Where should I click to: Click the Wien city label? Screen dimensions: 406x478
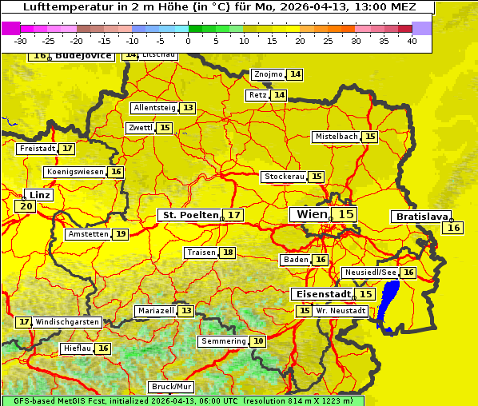coord(312,214)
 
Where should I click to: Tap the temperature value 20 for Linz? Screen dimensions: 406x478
coord(26,206)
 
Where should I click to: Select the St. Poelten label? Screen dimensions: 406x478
coord(190,215)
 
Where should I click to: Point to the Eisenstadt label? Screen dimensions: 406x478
coord(321,294)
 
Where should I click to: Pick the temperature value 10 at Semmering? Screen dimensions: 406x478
coord(257,341)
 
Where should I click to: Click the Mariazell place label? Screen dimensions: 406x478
coord(156,310)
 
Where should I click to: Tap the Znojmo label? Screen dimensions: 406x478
coord(268,74)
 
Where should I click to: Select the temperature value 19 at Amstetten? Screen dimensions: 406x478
coord(120,234)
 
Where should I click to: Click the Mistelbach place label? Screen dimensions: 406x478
coord(336,137)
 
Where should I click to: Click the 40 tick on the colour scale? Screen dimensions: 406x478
coord(412,41)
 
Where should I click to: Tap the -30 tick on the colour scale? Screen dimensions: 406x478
coord(21,41)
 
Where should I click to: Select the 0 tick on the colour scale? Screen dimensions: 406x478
coord(189,41)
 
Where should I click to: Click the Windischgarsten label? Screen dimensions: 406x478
coord(68,321)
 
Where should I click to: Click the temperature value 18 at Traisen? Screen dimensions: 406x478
coord(228,253)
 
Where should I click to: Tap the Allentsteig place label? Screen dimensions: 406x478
coord(154,108)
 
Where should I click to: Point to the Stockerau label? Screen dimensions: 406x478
coord(284,177)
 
